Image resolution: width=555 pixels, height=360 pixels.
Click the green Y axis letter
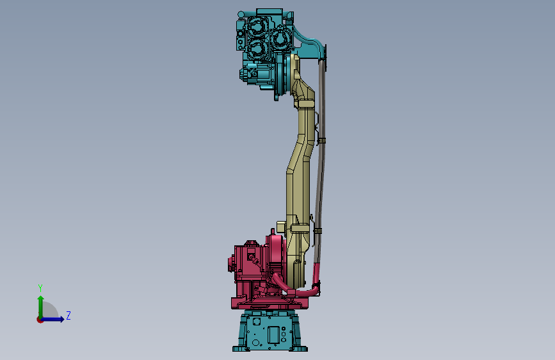(x=40, y=288)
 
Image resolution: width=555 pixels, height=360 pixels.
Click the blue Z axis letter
(x=68, y=315)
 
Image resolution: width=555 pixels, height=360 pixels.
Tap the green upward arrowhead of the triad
(x=41, y=299)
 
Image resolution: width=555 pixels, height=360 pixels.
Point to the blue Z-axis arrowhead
(x=61, y=319)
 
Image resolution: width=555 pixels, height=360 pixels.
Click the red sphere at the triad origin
(x=39, y=320)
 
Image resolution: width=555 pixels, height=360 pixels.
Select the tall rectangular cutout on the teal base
(x=273, y=335)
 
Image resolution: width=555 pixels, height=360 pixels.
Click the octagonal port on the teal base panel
(x=256, y=322)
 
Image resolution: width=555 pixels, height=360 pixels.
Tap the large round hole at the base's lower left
(x=255, y=342)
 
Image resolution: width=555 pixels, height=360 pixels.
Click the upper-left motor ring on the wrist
(x=257, y=27)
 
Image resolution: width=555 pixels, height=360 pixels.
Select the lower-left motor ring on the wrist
(x=257, y=49)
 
